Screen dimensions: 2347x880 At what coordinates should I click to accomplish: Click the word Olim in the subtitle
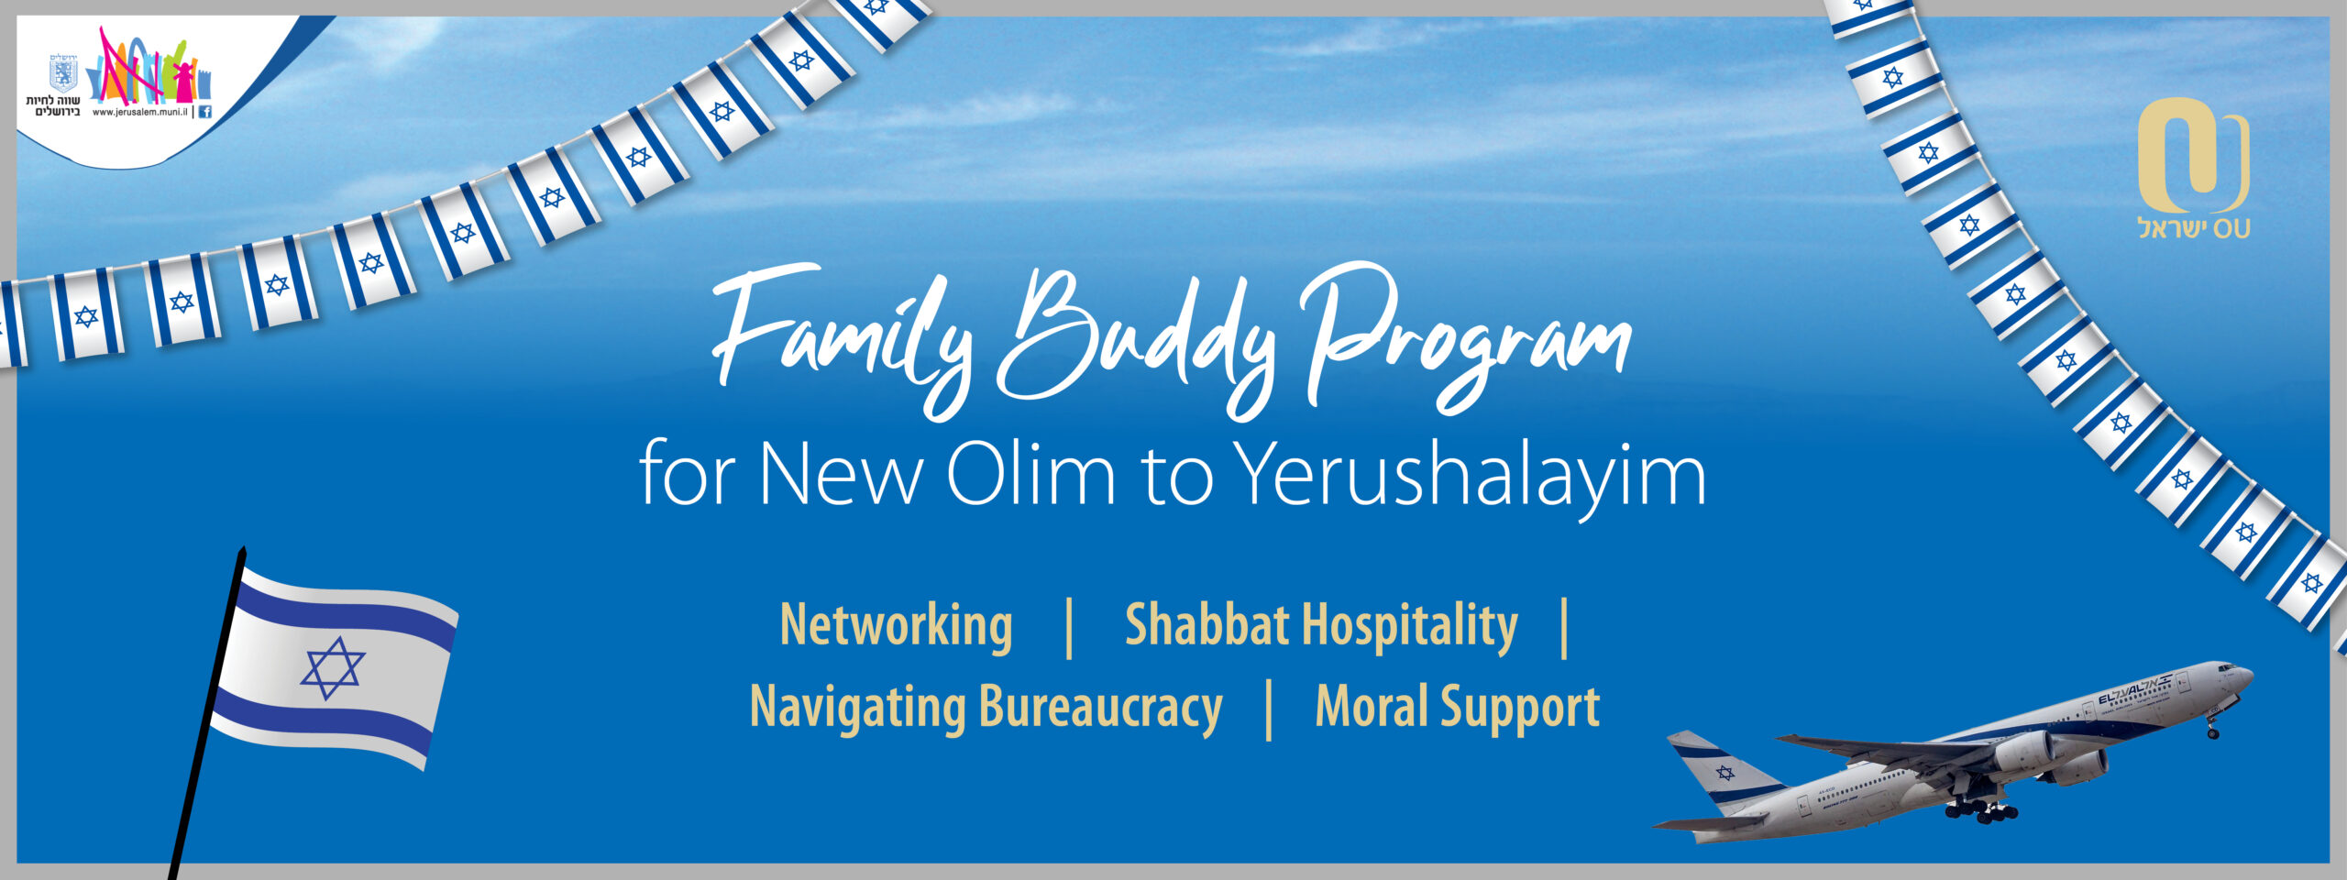(1030, 475)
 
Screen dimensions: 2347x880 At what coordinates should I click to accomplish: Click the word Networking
(896, 627)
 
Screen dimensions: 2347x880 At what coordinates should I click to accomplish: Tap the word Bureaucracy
(1100, 709)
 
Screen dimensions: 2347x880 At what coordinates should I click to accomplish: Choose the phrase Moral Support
(1458, 708)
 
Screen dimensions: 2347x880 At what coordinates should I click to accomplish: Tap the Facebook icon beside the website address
(204, 112)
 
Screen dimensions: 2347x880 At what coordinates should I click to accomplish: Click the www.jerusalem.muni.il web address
(140, 112)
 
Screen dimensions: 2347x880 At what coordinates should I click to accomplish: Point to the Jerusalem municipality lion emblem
(62, 72)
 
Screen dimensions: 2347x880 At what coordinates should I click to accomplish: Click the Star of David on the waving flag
(332, 668)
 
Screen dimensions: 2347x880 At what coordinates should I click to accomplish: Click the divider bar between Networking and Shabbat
(1069, 628)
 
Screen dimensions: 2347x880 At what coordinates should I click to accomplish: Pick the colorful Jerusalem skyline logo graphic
(150, 65)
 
